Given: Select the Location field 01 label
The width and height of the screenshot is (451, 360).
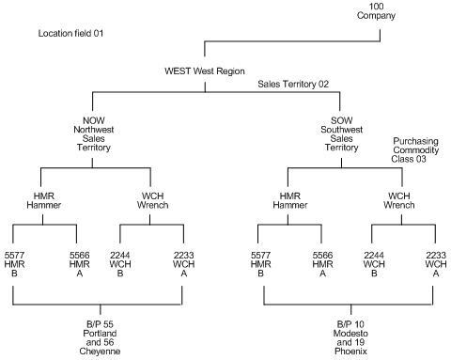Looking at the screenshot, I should (x=69, y=33).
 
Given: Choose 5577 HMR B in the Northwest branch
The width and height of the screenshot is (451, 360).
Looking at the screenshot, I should (x=13, y=264).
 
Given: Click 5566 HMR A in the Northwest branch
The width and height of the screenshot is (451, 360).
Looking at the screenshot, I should (x=77, y=264).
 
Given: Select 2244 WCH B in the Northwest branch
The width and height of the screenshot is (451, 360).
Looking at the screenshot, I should (x=120, y=264).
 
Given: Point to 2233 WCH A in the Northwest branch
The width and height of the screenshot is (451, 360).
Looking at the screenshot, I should (x=183, y=264).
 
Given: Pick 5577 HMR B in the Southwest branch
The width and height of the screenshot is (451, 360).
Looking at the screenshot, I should (x=264, y=264).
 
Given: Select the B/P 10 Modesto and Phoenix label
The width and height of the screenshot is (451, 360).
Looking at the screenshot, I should (x=348, y=337).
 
